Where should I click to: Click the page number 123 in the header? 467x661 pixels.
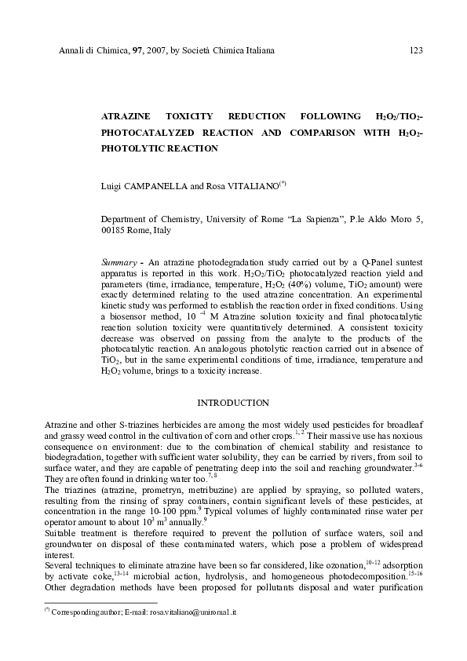416,51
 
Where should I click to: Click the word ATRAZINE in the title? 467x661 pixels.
125,117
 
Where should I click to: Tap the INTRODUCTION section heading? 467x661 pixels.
233,403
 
